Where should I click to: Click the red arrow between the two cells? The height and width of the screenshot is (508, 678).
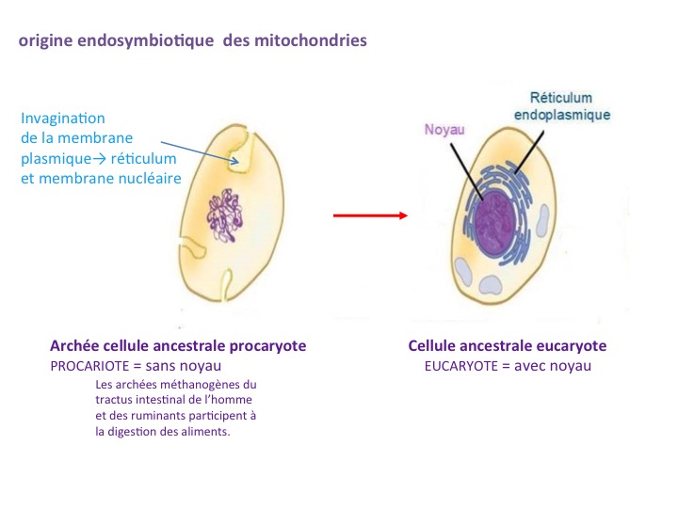[369, 214]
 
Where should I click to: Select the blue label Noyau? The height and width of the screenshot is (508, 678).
[445, 131]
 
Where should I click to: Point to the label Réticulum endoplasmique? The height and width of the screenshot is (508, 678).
[569, 105]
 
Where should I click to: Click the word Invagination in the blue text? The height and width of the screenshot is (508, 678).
[63, 119]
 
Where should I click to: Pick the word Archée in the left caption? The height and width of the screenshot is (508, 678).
[73, 345]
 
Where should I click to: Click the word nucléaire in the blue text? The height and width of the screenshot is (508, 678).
[150, 178]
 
